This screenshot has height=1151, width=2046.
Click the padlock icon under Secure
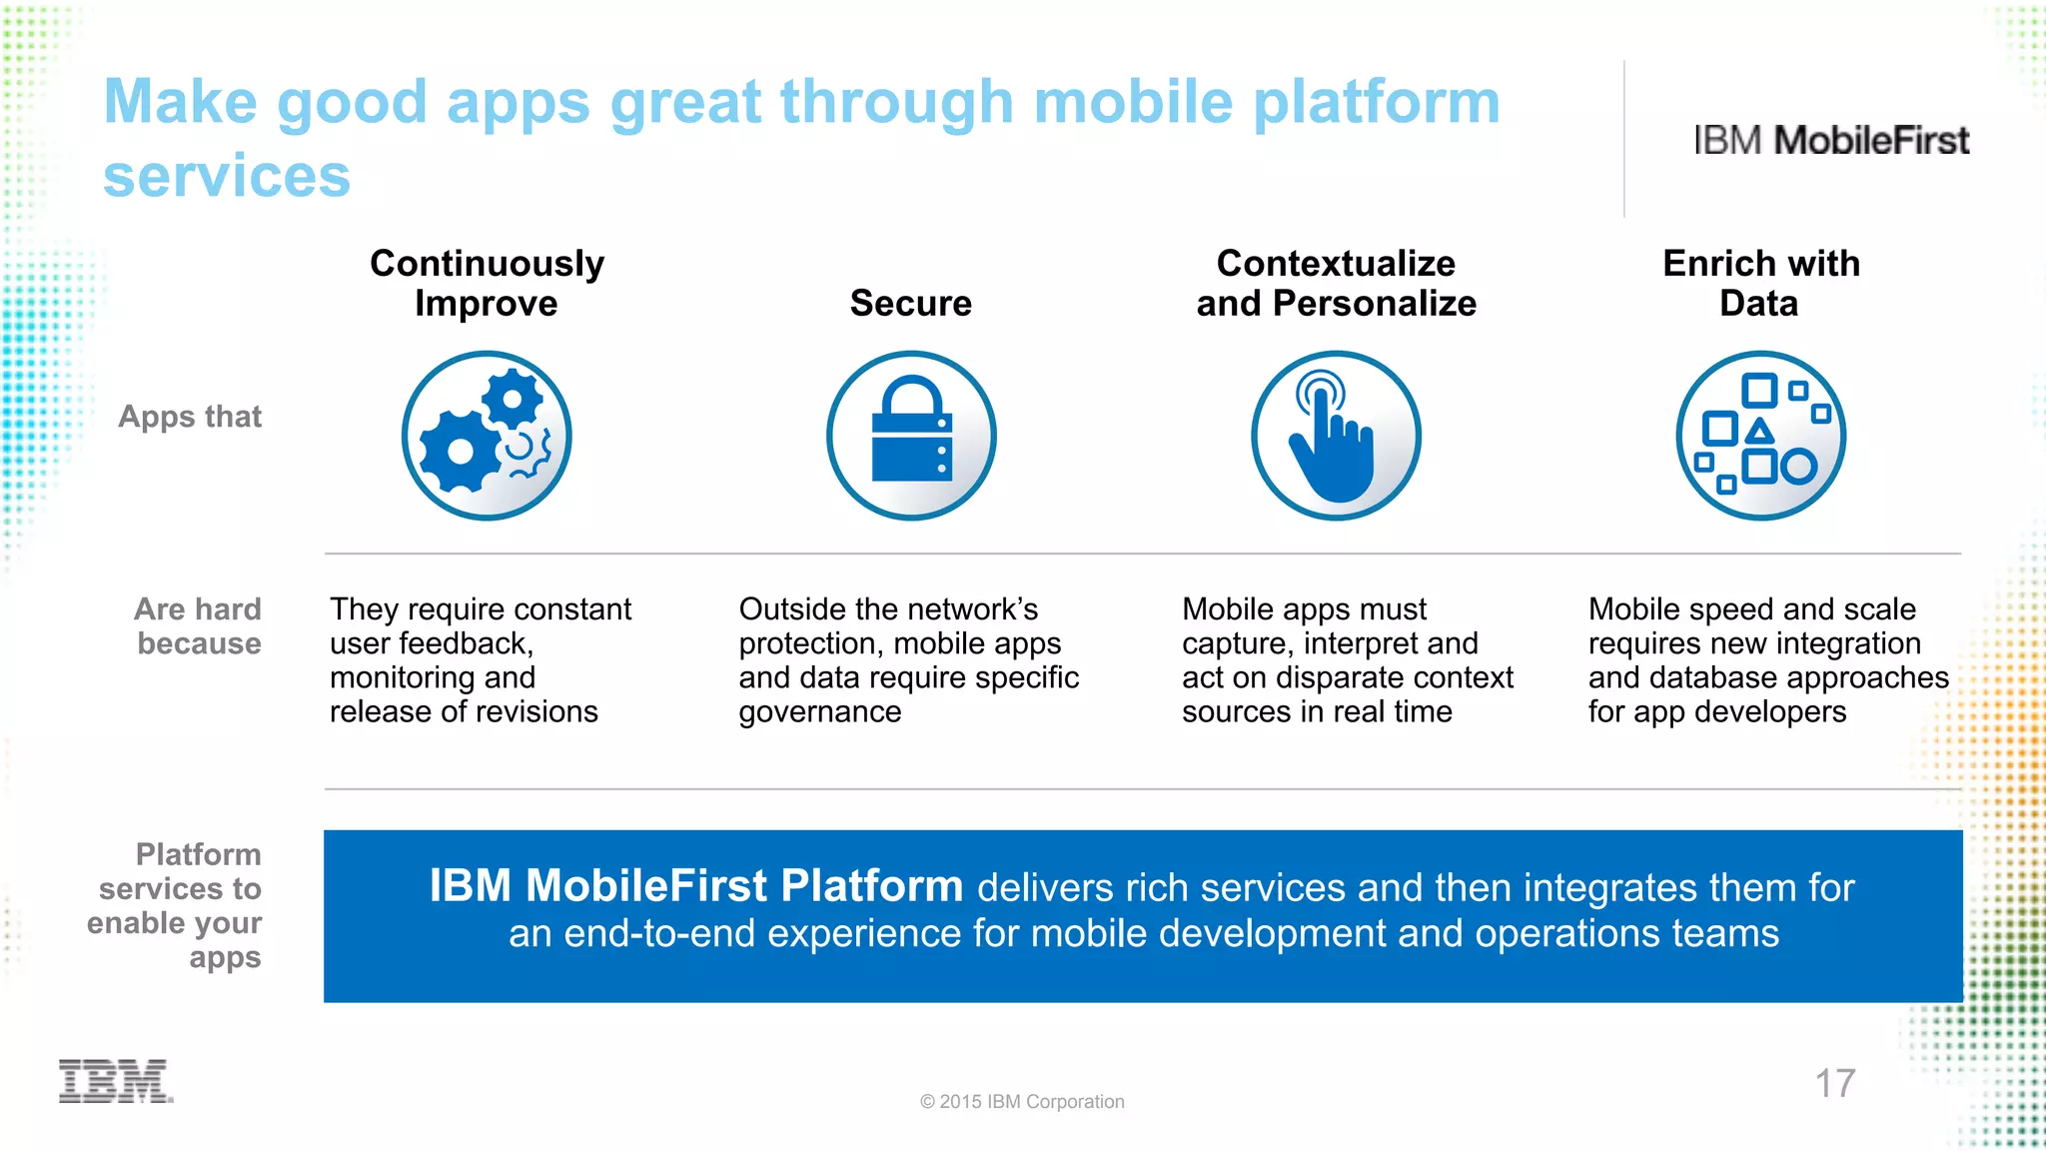911,436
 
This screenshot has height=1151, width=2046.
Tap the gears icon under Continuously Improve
487,436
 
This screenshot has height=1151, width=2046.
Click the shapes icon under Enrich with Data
1760,436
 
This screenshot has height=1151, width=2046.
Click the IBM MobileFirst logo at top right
1830,141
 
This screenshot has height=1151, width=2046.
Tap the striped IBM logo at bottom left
115,1081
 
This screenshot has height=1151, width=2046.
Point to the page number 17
1834,1083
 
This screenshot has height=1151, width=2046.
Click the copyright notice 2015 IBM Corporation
1022,1101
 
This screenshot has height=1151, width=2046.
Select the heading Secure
910,304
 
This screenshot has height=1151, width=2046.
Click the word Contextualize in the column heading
1336,264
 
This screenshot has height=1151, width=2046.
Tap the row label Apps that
190,416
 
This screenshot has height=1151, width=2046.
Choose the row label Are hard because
198,626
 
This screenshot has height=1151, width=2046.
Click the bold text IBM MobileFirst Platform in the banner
696,886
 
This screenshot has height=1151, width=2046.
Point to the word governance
819,711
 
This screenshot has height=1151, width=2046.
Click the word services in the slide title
227,176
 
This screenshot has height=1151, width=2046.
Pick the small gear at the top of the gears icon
512,399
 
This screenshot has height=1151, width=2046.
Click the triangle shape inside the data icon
1759,432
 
